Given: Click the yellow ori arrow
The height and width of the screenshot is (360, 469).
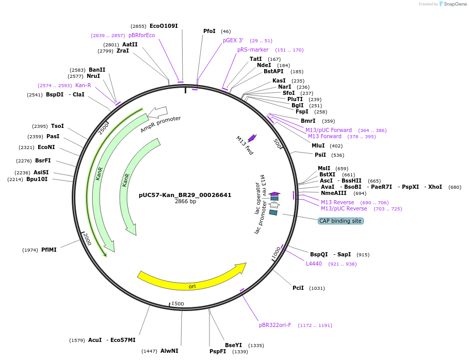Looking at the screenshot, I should [191, 279].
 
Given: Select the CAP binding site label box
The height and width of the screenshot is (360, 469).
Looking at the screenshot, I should [341, 221].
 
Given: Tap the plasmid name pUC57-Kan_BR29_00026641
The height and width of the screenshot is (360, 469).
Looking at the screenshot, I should [185, 195].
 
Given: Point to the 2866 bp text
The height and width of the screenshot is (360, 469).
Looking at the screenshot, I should [185, 202].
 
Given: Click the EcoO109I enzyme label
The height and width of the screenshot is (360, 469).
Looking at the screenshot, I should [164, 26].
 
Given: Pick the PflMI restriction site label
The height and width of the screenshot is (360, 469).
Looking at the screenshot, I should [49, 250].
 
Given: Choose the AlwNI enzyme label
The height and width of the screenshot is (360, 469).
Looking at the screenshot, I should [169, 351].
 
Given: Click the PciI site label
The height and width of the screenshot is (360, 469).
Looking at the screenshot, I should [298, 288].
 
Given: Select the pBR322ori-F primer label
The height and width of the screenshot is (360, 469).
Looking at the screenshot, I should [275, 325].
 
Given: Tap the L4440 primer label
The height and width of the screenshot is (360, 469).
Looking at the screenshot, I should [314, 264].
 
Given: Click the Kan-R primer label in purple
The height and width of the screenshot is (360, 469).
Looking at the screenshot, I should [83, 85].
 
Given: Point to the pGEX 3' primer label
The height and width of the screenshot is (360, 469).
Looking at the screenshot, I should [233, 40].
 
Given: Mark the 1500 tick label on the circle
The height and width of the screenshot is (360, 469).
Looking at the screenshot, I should [177, 304].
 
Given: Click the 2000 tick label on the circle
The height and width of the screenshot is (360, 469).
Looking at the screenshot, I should [87, 239].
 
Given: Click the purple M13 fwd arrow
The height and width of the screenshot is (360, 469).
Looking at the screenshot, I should [252, 138].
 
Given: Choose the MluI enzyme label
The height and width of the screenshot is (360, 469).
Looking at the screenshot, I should [318, 145].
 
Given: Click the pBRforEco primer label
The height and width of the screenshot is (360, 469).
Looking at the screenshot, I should [141, 35].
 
